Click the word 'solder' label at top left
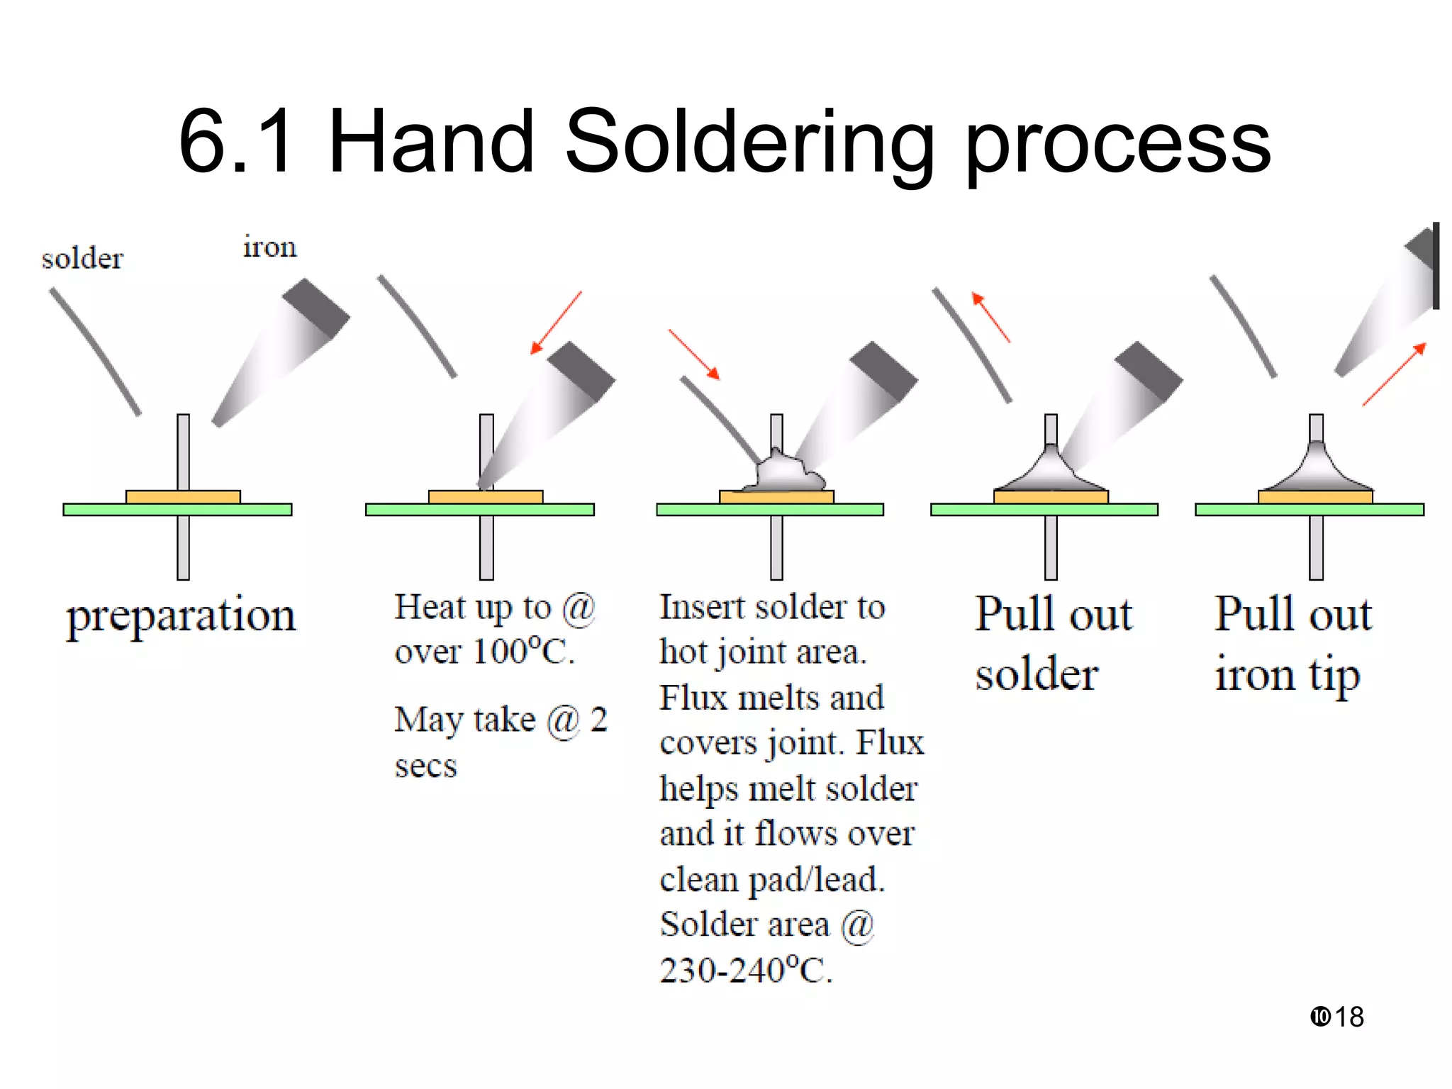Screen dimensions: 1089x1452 [82, 259]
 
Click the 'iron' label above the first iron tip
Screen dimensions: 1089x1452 [269, 247]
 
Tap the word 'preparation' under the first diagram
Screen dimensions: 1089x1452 [181, 615]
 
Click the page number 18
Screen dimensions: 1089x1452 [1348, 1017]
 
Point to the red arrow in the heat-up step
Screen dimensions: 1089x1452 [557, 323]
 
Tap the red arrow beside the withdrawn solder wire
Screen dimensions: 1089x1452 [990, 317]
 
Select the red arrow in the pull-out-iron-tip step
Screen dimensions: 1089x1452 [1394, 374]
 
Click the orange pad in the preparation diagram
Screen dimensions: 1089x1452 [183, 496]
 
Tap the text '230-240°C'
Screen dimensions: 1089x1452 [745, 971]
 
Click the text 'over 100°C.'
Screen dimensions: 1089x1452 [484, 652]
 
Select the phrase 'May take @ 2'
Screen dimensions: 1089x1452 [501, 720]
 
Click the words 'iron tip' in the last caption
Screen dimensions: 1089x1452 [1287, 675]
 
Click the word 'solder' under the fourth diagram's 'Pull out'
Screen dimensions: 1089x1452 [1037, 674]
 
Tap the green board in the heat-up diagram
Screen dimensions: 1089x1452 [397, 509]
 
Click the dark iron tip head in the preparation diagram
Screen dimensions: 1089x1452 [316, 308]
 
